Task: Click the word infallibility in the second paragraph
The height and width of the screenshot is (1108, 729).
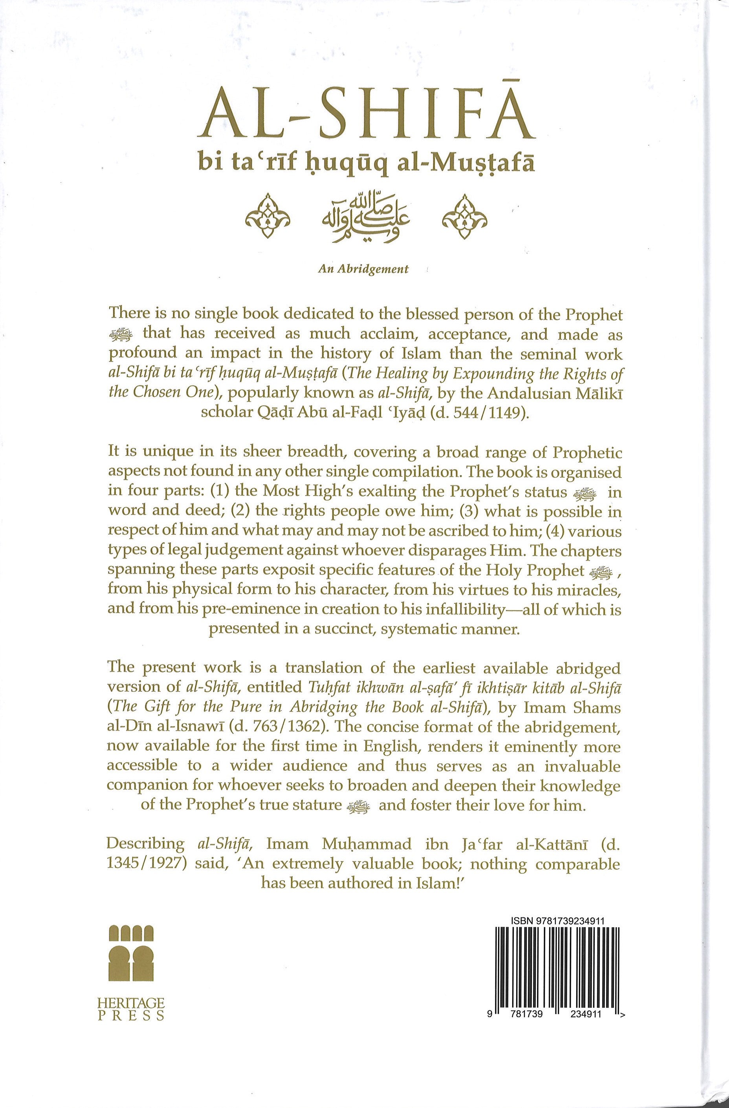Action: [x=474, y=609]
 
